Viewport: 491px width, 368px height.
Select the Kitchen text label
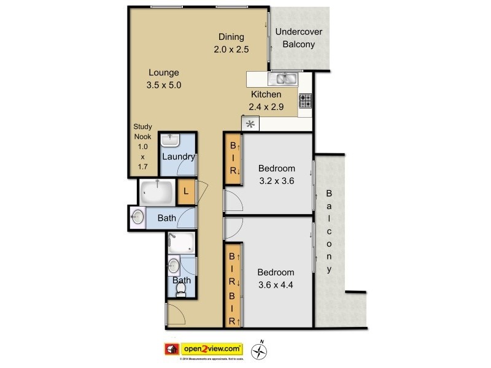point(266,94)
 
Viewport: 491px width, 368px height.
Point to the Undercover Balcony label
point(298,38)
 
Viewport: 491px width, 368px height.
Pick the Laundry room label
point(178,156)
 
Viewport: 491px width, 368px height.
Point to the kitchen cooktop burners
point(305,100)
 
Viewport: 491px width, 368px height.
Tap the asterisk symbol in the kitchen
point(250,124)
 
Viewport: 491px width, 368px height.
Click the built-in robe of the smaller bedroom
point(233,162)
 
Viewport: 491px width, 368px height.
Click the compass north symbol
point(263,350)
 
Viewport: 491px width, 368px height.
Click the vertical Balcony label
point(330,231)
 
